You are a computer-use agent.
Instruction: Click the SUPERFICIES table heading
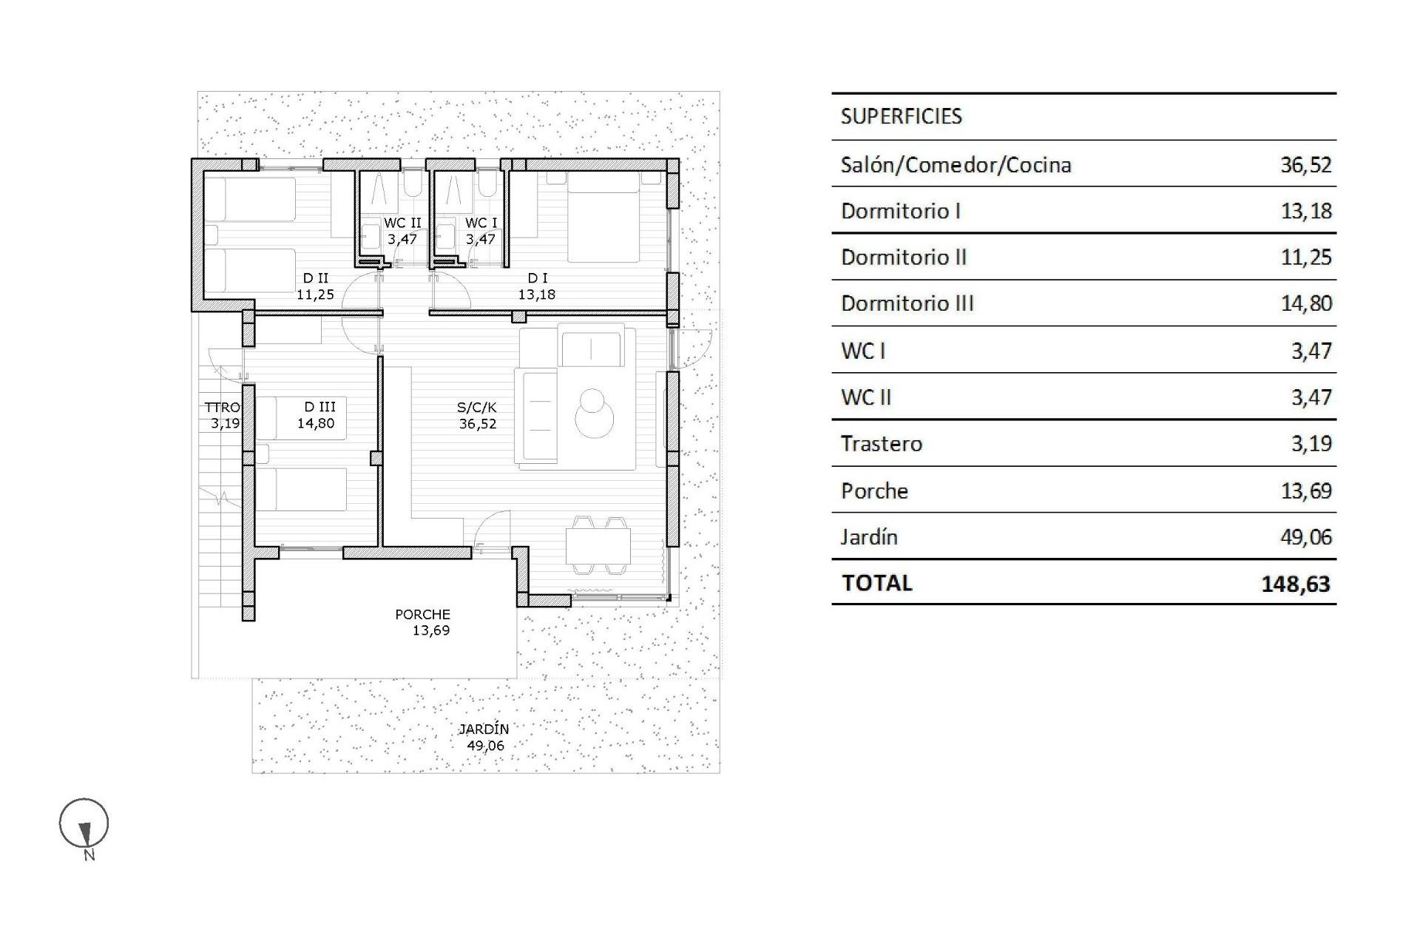(901, 116)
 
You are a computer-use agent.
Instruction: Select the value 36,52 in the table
(1305, 164)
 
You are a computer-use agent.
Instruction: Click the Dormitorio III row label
(907, 303)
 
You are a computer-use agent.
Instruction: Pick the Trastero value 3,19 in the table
(1311, 443)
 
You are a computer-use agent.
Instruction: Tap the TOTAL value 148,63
(1295, 584)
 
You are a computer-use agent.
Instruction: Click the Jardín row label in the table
(869, 537)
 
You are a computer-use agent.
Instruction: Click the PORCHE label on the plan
(422, 614)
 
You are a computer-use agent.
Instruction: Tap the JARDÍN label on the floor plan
(484, 729)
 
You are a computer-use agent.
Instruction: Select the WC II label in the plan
(402, 223)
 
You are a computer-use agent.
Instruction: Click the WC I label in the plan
(481, 223)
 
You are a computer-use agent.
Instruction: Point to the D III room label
(319, 407)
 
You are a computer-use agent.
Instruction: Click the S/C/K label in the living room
(477, 407)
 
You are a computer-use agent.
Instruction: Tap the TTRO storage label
(222, 408)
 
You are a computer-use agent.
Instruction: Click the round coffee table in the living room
(594, 419)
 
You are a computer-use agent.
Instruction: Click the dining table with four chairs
(598, 546)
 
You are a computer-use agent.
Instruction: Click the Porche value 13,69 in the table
(1305, 491)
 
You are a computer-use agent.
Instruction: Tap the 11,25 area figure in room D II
(316, 294)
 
